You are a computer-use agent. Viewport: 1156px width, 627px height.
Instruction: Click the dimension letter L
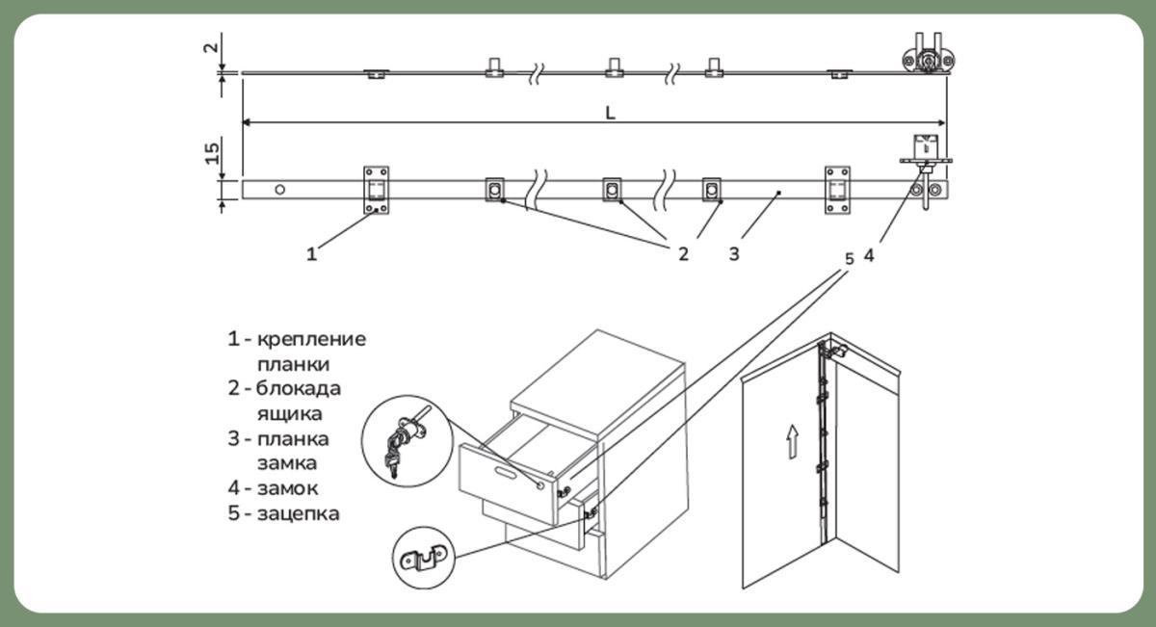pyautogui.click(x=610, y=112)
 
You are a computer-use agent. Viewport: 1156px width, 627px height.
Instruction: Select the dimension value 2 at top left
pyautogui.click(x=213, y=45)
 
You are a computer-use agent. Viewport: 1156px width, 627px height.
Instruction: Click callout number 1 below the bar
pyautogui.click(x=310, y=254)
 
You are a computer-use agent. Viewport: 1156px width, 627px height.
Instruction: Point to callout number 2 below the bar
pyautogui.click(x=683, y=254)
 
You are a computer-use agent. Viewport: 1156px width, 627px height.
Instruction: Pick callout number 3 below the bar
pyautogui.click(x=734, y=254)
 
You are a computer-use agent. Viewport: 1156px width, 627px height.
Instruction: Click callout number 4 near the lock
pyautogui.click(x=869, y=256)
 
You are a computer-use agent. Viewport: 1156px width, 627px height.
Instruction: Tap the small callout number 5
pyautogui.click(x=849, y=258)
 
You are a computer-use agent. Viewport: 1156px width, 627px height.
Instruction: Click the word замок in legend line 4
pyautogui.click(x=286, y=488)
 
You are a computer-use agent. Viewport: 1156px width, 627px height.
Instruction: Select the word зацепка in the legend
pyautogui.click(x=298, y=513)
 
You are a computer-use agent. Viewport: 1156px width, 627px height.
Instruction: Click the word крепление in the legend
pyautogui.click(x=311, y=339)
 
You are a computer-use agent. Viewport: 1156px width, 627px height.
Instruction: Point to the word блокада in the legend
pyautogui.click(x=299, y=389)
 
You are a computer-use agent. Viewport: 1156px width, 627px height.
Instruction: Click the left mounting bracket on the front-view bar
pyautogui.click(x=377, y=189)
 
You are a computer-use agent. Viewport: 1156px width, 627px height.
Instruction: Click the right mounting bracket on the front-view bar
pyautogui.click(x=837, y=189)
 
